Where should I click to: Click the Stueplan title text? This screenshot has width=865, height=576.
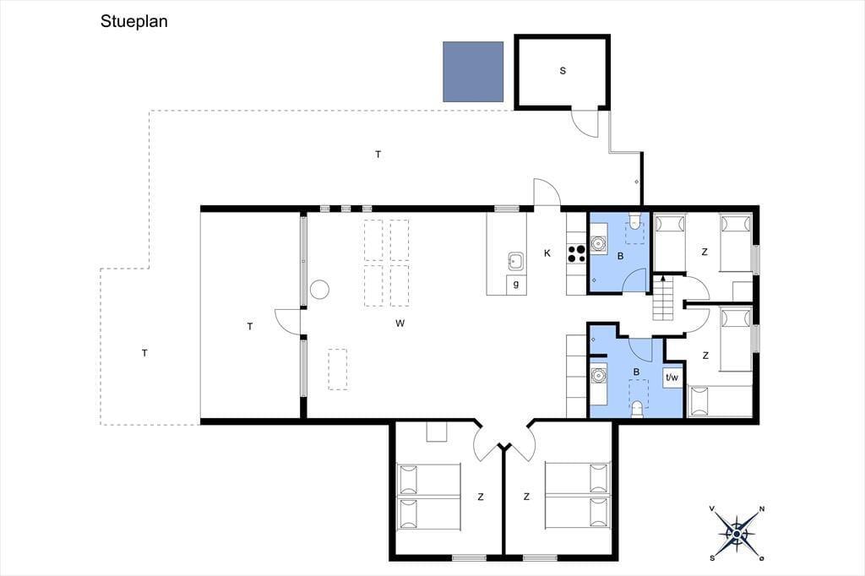134,21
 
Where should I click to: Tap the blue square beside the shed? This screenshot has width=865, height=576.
473,72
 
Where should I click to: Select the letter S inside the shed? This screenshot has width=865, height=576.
563,71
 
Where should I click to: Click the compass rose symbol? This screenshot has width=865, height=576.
737,533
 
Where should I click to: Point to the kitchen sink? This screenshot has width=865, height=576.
516,262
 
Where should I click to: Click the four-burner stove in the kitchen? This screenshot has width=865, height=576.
576,253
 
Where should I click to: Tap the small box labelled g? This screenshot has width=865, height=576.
516,284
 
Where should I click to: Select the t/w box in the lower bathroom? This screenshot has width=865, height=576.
672,378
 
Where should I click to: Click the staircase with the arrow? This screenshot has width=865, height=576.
664,298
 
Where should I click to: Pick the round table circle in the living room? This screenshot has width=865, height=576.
319,289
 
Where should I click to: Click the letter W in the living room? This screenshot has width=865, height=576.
400,323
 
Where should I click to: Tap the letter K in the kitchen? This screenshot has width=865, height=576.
547,253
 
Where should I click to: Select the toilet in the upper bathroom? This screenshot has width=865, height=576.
635,221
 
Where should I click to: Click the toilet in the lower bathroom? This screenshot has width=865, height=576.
637,410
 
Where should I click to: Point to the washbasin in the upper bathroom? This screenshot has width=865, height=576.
598,242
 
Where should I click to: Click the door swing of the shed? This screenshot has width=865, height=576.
585,124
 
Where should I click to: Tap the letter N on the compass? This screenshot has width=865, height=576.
762,508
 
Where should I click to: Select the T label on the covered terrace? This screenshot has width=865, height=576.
250,327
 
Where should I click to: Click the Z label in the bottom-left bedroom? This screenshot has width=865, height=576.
481,497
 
